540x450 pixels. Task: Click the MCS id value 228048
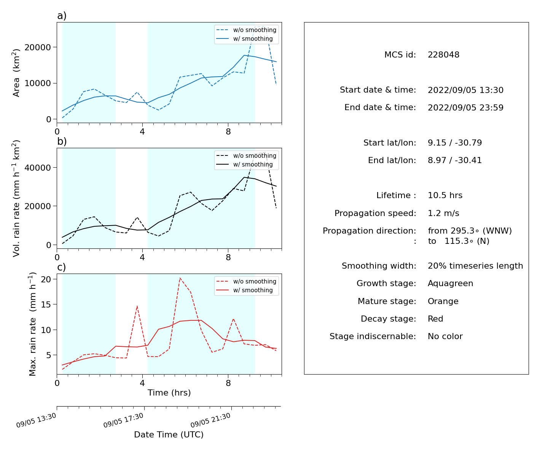(443, 54)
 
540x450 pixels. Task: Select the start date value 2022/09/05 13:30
(465, 90)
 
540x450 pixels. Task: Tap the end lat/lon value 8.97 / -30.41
(455, 160)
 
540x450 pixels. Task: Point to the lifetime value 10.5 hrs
(445, 195)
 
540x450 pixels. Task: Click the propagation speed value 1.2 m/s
(443, 213)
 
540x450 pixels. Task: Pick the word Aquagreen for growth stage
(450, 283)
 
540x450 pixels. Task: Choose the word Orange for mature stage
(443, 301)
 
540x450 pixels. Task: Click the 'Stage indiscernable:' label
(373, 336)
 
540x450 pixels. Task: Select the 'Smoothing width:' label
(379, 266)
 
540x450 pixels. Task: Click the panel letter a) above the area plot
(62, 16)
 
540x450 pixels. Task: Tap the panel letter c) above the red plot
(62, 267)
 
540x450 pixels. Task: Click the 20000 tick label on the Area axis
(38, 47)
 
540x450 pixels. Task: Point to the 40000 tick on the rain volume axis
(38, 168)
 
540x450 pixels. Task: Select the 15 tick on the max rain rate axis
(46, 304)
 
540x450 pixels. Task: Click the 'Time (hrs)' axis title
(169, 392)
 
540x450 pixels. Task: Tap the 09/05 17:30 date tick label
(123, 420)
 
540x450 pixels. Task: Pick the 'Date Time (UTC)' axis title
(169, 434)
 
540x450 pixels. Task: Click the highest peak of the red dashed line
(180, 278)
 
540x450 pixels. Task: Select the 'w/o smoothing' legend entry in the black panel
(247, 155)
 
